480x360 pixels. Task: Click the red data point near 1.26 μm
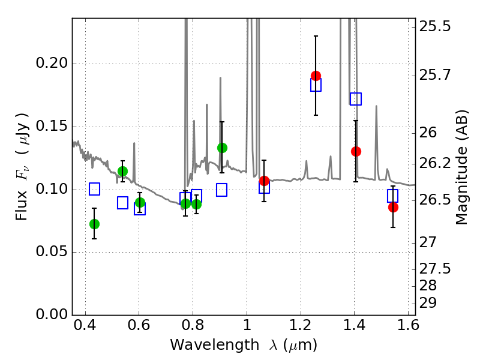(316, 76)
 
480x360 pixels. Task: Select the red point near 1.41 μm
(356, 151)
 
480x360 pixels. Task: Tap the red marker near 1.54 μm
(393, 207)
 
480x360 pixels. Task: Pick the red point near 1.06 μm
(264, 181)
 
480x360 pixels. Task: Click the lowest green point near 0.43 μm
(94, 224)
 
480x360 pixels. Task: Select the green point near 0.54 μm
(122, 171)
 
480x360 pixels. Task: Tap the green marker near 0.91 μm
(222, 148)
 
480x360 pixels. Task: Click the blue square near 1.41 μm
(356, 99)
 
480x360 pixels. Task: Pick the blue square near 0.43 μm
(94, 189)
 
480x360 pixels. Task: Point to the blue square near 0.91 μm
(222, 190)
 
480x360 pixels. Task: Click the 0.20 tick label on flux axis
(53, 64)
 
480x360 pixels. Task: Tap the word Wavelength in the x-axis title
(204, 346)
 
